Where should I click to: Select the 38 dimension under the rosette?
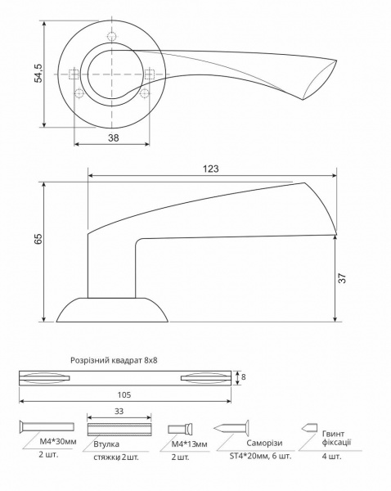pyautogui.click(x=113, y=138)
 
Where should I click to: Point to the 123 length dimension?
pyautogui.click(x=211, y=168)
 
